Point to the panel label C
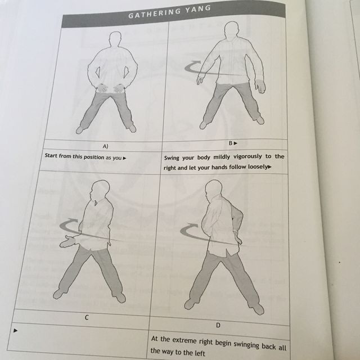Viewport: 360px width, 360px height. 87,317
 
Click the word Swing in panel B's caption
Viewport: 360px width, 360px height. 174,157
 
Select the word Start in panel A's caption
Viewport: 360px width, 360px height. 53,157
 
